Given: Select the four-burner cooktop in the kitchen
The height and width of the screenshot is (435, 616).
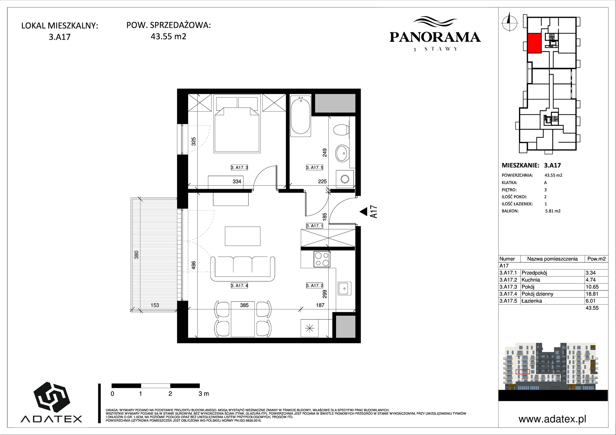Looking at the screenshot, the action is (322, 259).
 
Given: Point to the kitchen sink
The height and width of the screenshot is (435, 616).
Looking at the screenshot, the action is (343, 288).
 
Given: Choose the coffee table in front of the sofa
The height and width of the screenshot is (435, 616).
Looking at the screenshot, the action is (243, 236).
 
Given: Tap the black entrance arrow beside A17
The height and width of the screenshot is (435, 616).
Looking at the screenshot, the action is (363, 211).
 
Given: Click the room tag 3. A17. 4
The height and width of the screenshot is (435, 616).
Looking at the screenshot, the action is (239, 285).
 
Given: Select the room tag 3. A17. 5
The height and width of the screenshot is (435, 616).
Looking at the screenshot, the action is (314, 168).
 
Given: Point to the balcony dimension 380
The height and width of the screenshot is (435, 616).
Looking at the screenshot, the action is (137, 254).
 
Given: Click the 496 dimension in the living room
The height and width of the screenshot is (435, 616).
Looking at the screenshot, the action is (193, 265).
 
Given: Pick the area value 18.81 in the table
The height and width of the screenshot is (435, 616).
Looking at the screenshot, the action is (592, 294).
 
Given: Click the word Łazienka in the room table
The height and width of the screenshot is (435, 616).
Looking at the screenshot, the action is (531, 301).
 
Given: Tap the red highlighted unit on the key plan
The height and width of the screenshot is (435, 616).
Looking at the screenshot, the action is (534, 43).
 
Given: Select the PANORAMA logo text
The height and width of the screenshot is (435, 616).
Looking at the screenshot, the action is (435, 37).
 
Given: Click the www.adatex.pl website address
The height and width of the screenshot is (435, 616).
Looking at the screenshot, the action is (552, 419).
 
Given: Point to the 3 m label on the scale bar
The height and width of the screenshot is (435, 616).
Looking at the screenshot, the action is (204, 393).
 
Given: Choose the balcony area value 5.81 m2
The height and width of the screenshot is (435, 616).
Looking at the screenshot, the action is (553, 211).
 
